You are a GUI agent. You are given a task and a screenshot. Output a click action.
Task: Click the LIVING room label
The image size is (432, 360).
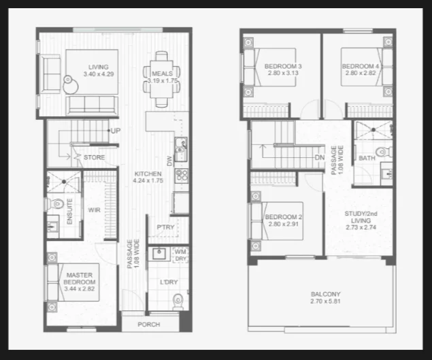point(99,67)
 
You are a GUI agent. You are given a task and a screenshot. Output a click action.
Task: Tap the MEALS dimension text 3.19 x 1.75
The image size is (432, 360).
point(163,81)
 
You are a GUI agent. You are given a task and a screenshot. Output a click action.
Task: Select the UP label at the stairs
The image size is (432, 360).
point(116,131)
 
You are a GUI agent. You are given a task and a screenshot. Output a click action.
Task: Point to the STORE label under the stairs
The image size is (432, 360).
point(95,157)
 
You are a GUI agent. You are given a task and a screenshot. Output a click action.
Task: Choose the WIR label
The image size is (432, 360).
point(95,210)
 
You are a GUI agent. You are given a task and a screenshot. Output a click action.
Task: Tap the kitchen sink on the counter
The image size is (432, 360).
point(181,149)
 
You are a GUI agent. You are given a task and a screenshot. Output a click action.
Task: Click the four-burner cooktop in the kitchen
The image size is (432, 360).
point(182,176)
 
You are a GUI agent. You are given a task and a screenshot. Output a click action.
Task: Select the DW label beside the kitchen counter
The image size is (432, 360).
point(169,161)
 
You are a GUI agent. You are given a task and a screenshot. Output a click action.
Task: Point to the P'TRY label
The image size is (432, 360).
point(165,227)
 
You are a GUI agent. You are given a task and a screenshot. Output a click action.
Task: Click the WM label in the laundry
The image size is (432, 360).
point(180,251)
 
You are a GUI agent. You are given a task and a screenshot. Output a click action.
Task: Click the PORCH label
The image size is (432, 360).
point(149,325)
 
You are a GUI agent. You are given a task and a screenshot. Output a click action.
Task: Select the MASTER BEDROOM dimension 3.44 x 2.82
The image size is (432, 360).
point(80,289)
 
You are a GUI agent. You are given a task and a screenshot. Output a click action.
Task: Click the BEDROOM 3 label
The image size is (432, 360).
point(283,66)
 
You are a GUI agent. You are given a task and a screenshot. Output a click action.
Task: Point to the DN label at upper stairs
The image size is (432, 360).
point(320,158)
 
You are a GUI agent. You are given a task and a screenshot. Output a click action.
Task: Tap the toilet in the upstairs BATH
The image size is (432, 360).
point(384,152)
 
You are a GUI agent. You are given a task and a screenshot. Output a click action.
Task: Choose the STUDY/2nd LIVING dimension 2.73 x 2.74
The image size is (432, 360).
point(361,227)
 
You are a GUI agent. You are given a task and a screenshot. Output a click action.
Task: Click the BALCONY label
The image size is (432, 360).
point(326,294)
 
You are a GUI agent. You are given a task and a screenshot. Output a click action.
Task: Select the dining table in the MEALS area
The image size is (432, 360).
point(162,79)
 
